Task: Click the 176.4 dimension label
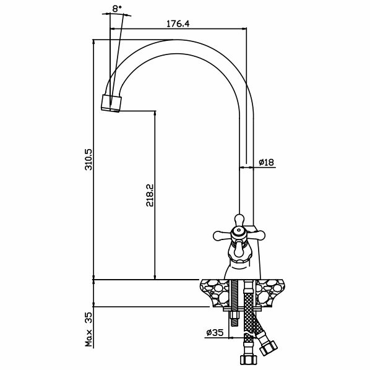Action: point(178,24)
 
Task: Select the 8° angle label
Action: point(117,9)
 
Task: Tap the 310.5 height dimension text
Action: point(90,159)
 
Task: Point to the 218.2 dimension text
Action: point(150,195)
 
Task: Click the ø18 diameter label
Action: point(267,162)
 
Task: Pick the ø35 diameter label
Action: point(215,333)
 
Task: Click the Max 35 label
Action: point(89,329)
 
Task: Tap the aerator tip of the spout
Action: point(111,103)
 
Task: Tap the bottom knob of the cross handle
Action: point(239,249)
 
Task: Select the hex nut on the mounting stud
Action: point(234,316)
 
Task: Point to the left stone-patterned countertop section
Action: point(214,293)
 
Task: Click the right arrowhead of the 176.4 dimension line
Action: point(244,29)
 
